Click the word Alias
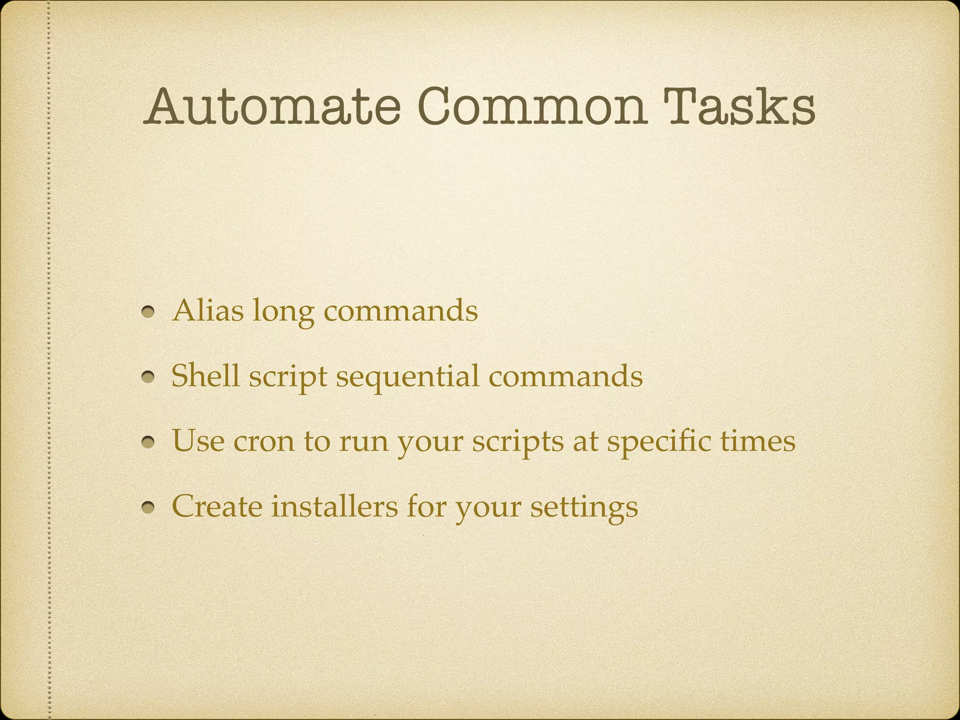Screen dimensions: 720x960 point(208,310)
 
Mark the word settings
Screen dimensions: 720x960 point(584,508)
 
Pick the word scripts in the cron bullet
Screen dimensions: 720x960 point(517,443)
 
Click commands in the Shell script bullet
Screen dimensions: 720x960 point(565,376)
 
